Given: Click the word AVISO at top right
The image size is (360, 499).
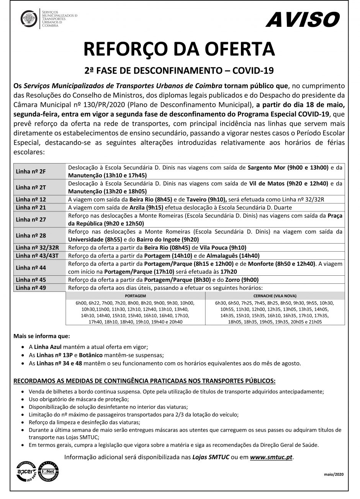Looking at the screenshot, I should pos(302,19).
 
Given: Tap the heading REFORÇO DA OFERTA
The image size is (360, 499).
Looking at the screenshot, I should pos(180,49).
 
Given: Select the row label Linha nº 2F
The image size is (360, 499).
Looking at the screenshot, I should pos(31,171).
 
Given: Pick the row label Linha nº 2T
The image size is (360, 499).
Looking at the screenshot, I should pos(31,187).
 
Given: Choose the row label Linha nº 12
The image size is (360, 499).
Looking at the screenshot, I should pos(31,199).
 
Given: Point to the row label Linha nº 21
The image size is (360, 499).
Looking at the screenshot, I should pos(31,207).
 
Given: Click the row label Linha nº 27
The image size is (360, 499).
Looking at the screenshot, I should pos(31,219).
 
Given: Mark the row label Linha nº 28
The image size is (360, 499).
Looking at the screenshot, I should pos(31,235).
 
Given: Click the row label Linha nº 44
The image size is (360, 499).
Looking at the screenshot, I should pos(31,268).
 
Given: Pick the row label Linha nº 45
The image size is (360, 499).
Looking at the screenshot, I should pos(31,280).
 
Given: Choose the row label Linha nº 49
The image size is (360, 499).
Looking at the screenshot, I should pos(31,288).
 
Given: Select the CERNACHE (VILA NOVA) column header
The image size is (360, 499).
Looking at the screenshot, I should pos(275,296).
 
